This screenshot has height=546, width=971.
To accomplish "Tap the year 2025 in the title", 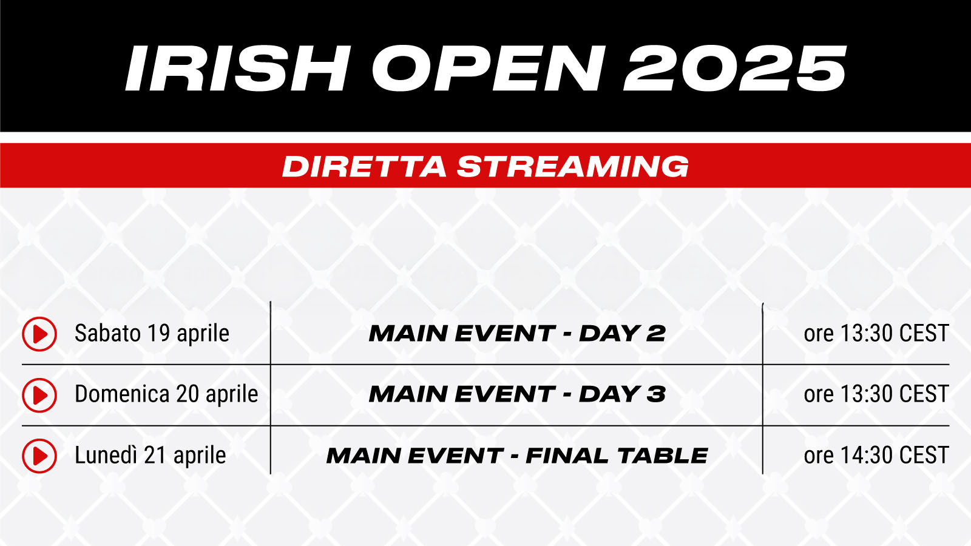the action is point(735,69).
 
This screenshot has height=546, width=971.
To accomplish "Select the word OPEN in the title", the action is point(488,69).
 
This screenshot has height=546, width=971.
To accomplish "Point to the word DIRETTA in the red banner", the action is point(364,166).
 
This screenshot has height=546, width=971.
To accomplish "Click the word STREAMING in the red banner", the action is point(573,166).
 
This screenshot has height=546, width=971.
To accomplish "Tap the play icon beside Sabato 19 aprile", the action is point(39,334).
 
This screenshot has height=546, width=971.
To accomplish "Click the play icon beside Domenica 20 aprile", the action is point(39,395).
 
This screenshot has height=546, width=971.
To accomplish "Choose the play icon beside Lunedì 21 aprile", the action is point(39,456).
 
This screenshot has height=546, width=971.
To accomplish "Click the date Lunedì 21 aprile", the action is point(151,456).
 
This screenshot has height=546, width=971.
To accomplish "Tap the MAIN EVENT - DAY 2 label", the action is point(516,334).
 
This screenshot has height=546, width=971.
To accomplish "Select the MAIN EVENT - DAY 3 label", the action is point(516,394).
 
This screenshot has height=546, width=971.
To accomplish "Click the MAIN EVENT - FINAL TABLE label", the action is point(516,456).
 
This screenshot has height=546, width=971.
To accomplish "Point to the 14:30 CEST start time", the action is point(895,456).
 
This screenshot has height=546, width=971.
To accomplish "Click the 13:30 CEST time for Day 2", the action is point(895,334).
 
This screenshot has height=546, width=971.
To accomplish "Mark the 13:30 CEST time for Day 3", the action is point(895,394).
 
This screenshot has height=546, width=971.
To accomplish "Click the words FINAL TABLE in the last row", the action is point(617,456).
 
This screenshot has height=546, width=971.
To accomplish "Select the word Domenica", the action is point(122,394).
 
